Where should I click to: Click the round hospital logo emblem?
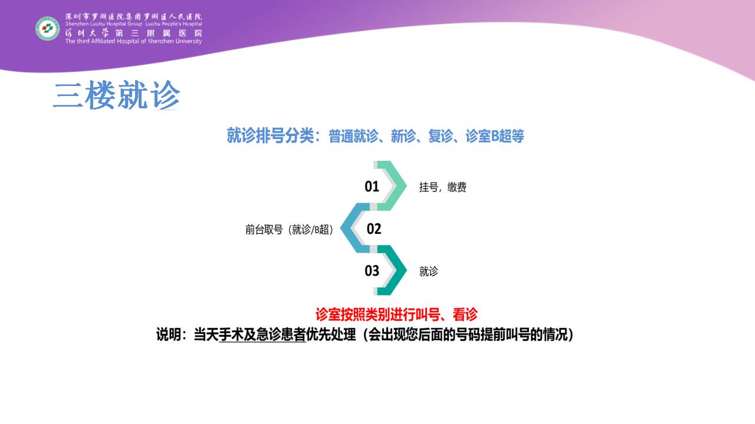click(48, 29)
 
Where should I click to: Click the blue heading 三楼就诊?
click(117, 95)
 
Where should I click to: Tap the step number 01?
click(372, 187)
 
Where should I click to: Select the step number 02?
click(374, 229)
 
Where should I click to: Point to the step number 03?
click(372, 271)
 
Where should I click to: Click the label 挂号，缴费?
click(442, 187)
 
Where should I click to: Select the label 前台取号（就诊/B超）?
click(289, 230)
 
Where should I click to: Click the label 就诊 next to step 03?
click(428, 271)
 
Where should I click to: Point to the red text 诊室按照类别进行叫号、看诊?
click(396, 314)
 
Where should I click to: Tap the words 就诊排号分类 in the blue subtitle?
click(270, 136)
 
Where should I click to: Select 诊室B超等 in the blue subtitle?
click(495, 136)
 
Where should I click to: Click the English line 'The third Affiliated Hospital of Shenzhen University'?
click(133, 41)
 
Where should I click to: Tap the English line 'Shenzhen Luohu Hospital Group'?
click(104, 24)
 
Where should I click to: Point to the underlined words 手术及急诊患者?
click(262, 335)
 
